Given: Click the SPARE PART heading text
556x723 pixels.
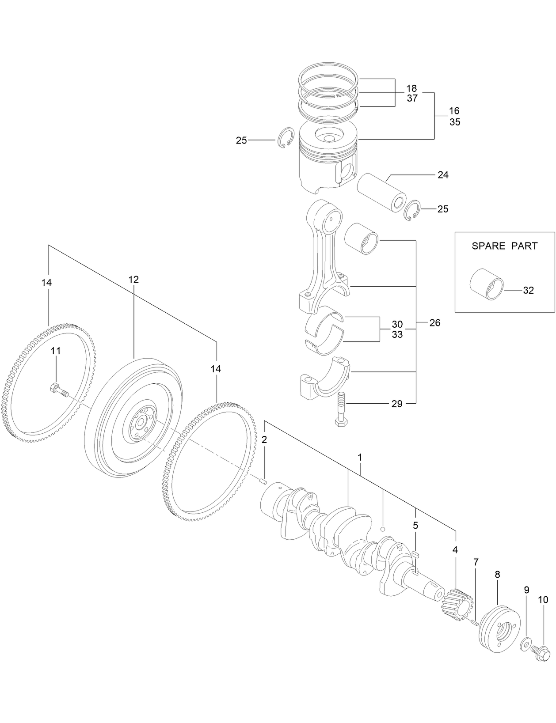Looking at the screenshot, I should (x=504, y=246).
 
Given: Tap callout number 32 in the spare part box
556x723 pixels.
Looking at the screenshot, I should (x=528, y=290).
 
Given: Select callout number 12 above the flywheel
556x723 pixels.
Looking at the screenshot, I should (x=133, y=279).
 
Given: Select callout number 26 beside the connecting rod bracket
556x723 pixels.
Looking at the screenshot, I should (x=435, y=323).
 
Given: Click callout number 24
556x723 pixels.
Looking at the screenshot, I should (x=443, y=175).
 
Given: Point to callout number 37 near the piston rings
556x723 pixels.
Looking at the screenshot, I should (x=412, y=98).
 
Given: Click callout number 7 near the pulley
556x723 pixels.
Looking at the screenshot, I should (x=476, y=562).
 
